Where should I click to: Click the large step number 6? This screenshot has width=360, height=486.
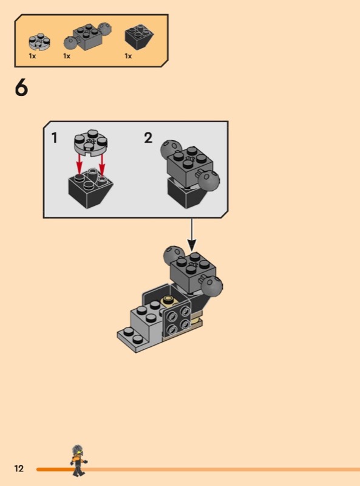point(21,87)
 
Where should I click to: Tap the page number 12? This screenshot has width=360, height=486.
point(19,468)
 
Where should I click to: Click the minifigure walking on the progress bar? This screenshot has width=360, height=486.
point(78,460)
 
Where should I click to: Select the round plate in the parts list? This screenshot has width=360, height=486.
point(39,41)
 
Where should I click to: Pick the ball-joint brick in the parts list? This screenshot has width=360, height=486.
point(87,36)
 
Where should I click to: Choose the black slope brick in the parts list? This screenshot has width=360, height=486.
point(139,36)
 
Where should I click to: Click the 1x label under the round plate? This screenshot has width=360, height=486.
point(32,56)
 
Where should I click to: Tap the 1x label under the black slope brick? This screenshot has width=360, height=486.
point(128,56)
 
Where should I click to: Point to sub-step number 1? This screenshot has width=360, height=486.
point(55,138)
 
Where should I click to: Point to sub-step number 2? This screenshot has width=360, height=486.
point(148,138)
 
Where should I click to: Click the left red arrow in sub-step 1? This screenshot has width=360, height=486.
point(80,164)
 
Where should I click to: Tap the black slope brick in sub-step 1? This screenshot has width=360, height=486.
point(90,188)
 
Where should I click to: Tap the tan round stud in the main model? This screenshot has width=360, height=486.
point(169,300)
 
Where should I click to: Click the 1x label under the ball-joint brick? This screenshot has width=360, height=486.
point(67,56)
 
